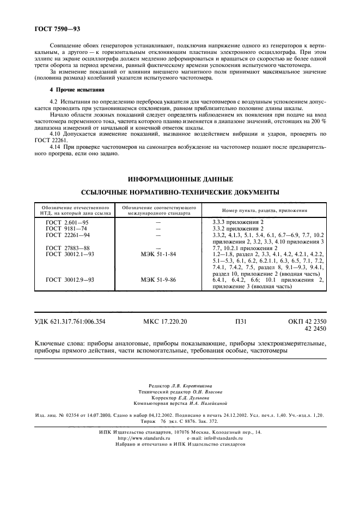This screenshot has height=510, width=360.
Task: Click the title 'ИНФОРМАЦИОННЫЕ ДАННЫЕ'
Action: click(x=180, y=179)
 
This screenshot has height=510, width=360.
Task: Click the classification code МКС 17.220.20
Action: click(x=165, y=322)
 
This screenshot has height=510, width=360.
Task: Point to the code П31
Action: click(x=241, y=322)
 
